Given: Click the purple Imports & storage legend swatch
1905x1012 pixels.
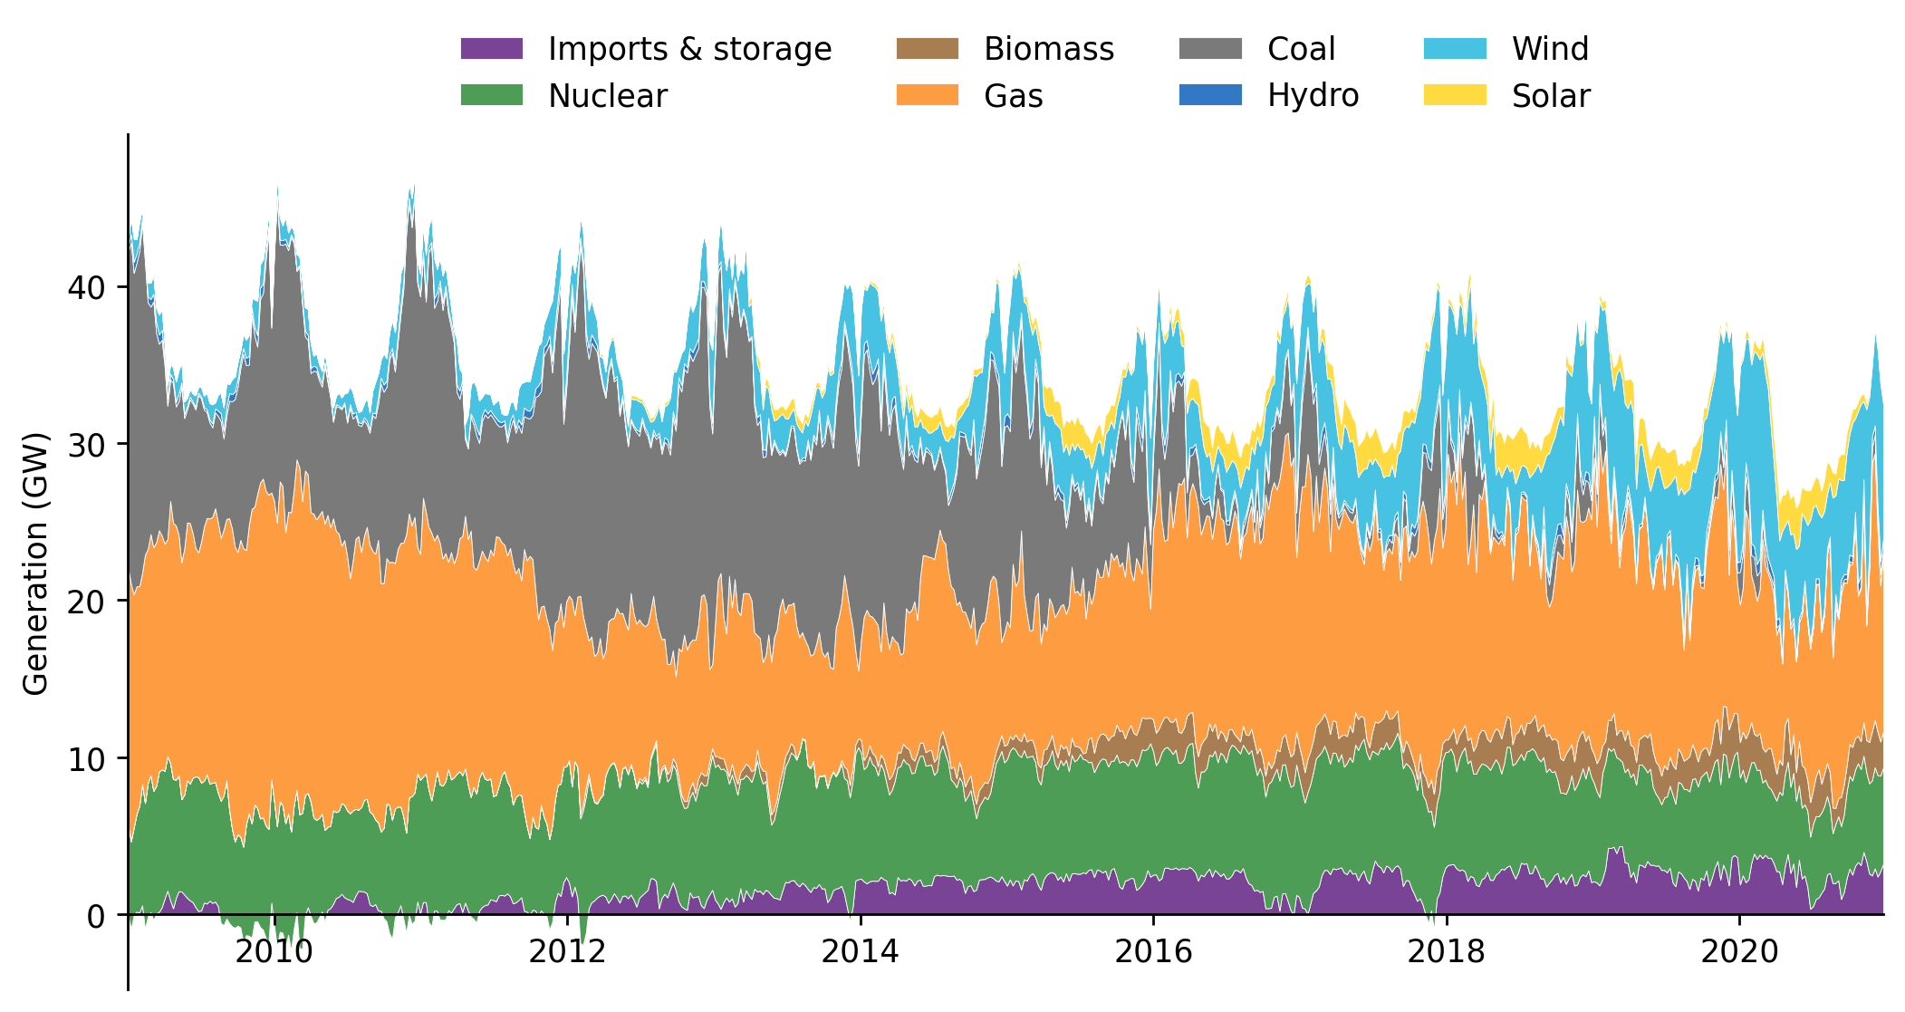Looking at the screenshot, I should pos(492,49).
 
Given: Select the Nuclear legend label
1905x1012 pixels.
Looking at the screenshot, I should pos(608,96).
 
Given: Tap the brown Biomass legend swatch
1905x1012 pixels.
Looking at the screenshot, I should pos(927,49).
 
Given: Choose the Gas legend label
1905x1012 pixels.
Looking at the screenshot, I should pos(1013,96).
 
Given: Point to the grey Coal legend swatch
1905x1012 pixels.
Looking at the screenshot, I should pos(1210,49).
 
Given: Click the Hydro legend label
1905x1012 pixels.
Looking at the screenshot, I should pos(1313,96).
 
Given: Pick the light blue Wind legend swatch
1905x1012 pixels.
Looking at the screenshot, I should pos(1455,49).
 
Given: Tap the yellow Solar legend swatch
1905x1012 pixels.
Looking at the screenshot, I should pos(1455,96).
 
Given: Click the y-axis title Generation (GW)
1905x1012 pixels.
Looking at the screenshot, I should pos(36,564).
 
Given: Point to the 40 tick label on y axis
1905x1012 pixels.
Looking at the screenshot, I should pos(85,288).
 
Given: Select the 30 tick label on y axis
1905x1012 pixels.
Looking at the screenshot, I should pos(85,445).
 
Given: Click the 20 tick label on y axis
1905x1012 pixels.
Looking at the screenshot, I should pos(85,602).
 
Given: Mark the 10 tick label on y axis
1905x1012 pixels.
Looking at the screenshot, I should pos(85,759).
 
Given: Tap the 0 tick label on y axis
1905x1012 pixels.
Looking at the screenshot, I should pos(95,917).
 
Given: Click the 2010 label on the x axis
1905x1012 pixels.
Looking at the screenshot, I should pos(274,952).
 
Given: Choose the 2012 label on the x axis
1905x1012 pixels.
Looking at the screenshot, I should pos(567,952).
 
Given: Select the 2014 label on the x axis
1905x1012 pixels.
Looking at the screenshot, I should pos(860,952).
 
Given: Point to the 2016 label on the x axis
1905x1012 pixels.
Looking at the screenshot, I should pos(1153,952).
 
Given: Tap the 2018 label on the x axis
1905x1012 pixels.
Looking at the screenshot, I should pos(1447,952).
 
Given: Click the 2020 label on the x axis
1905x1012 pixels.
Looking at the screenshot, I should pos(1739,952).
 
